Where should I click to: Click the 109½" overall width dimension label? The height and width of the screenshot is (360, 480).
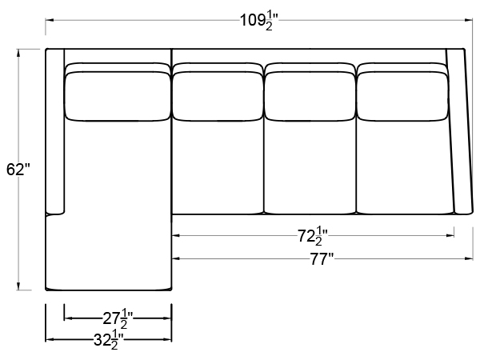259,22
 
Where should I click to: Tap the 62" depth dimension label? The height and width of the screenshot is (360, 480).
18,170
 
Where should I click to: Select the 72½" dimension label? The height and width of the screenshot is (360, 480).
313,236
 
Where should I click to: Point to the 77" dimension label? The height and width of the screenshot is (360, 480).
322,259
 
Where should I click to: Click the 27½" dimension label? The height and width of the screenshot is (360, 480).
118,319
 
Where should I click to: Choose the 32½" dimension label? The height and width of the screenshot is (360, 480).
108,340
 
